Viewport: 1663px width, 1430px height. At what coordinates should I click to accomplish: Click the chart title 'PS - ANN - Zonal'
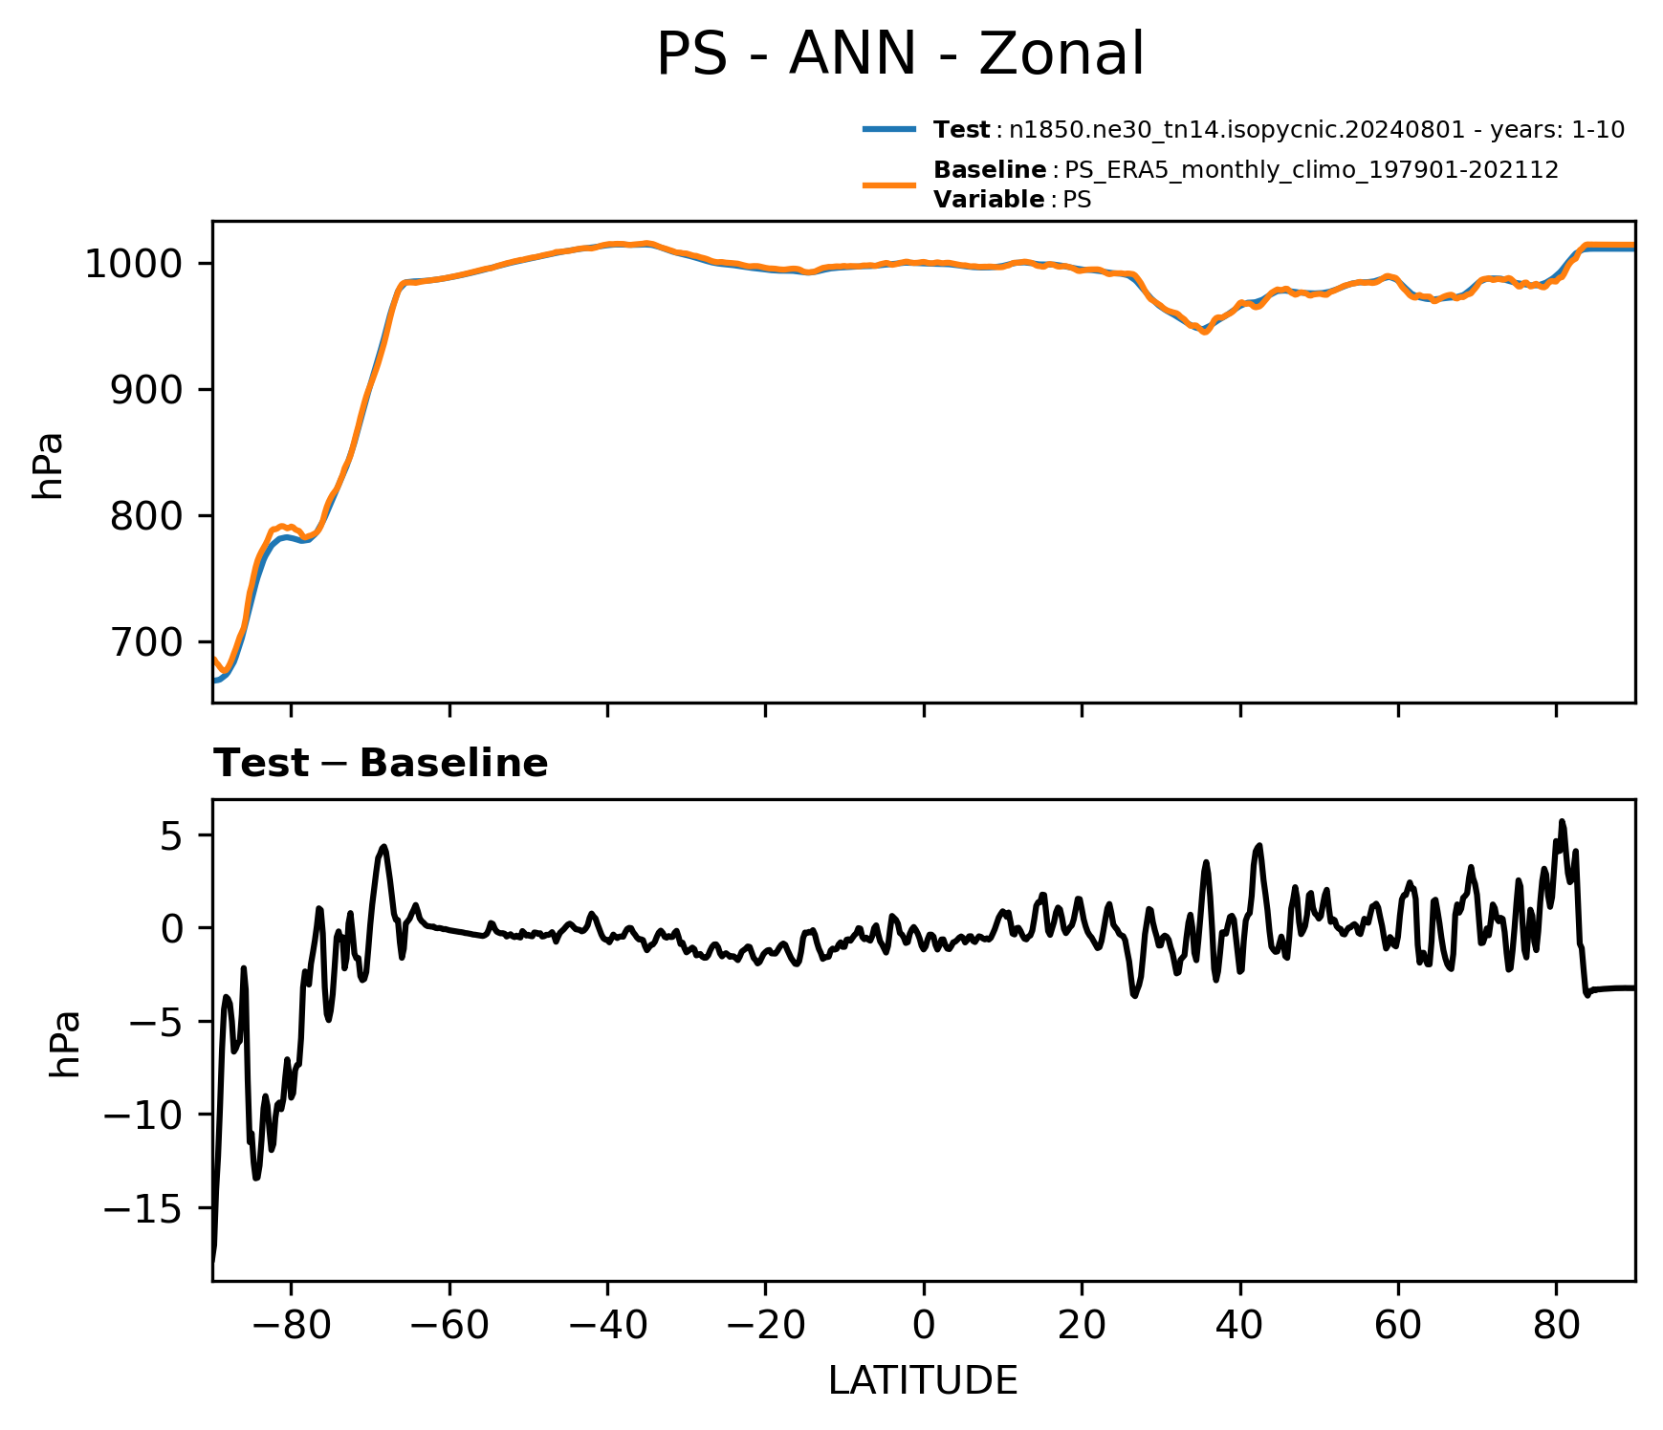(900, 54)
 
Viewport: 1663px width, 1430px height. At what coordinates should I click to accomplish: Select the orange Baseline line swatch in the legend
(889, 184)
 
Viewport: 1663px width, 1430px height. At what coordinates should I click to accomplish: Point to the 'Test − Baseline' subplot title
(381, 764)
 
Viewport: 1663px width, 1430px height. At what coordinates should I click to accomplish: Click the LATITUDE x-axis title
(923, 1380)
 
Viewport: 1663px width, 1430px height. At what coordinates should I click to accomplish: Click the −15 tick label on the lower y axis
(150, 1208)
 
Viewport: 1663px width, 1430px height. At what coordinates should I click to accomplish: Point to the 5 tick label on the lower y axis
(187, 834)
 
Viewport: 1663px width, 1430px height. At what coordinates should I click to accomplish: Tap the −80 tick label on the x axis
(291, 1325)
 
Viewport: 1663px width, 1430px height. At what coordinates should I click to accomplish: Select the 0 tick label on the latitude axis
(924, 1325)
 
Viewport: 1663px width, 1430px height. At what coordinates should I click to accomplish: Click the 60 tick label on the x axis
(1398, 1325)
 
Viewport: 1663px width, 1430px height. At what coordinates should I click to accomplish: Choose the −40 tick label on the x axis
(607, 1325)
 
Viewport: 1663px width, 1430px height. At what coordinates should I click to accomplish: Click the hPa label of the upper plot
(48, 466)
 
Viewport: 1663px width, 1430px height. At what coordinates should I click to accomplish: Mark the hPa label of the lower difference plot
(65, 1044)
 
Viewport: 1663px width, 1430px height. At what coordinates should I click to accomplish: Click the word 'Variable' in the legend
(989, 200)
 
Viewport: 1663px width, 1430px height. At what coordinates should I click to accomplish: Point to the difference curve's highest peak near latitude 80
(1562, 821)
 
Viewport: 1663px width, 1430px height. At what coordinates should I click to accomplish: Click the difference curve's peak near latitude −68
(383, 846)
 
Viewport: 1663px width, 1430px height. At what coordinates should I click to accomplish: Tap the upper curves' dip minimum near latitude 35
(1205, 332)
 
